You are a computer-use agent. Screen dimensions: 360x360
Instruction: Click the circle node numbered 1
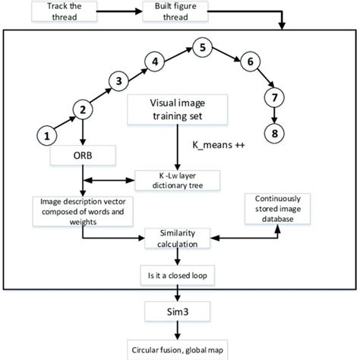(x=47, y=136)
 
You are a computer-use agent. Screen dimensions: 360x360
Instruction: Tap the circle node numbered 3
(x=118, y=81)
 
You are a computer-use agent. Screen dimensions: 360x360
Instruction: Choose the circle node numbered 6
(x=246, y=63)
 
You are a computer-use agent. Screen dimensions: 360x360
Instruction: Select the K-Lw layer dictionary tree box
(x=176, y=180)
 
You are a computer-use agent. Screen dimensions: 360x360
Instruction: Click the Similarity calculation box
(x=180, y=238)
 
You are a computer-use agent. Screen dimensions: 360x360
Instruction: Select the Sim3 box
(x=180, y=309)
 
